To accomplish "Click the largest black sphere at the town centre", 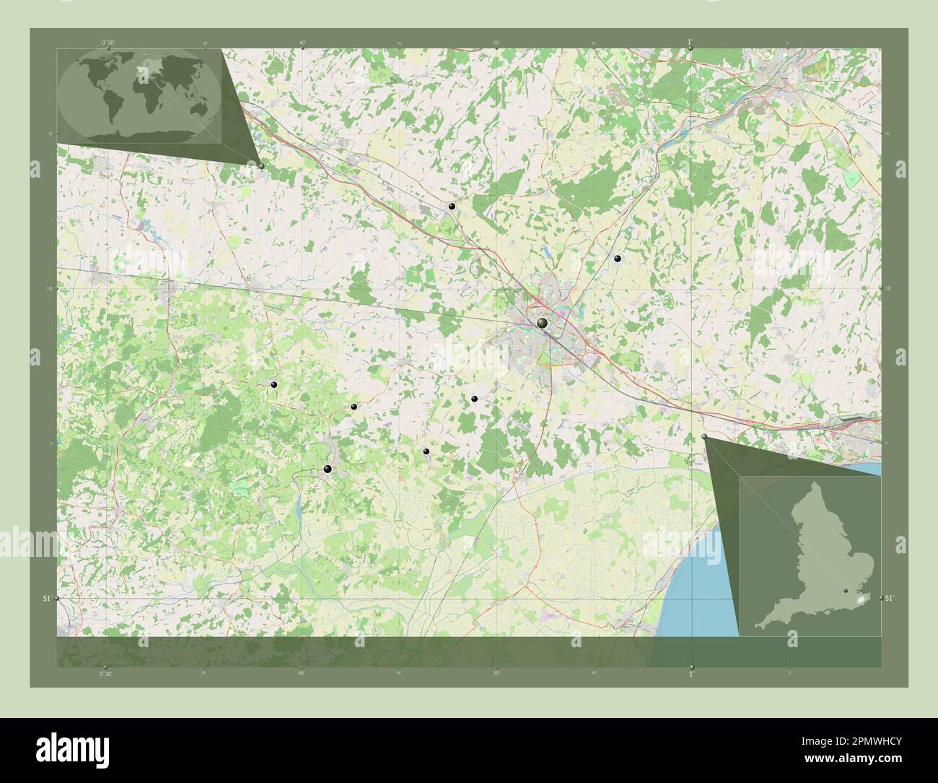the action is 542,324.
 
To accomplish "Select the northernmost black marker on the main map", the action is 452,207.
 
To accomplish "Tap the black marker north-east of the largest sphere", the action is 617,258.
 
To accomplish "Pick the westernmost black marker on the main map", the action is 273,385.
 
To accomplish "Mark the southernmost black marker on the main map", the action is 328,470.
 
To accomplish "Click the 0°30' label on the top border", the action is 108,43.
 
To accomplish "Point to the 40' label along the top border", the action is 302,43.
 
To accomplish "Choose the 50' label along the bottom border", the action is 496,673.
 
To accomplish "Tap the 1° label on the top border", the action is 690,42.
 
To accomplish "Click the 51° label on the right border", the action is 889,598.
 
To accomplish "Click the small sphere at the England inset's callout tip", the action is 705,437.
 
